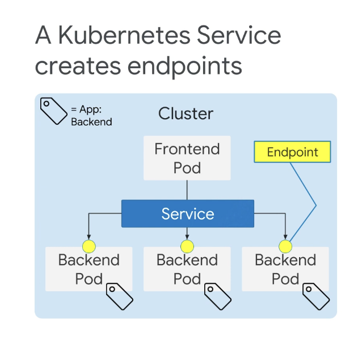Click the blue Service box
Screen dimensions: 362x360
pyautogui.click(x=188, y=214)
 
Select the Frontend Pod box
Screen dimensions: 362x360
pyautogui.click(x=187, y=158)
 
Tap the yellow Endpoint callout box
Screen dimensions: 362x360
pyautogui.click(x=292, y=152)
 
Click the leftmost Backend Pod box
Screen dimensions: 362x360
pyautogui.click(x=89, y=269)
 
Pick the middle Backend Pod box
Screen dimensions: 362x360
pyautogui.click(x=187, y=269)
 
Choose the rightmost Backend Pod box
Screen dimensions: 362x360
pyautogui.click(x=285, y=269)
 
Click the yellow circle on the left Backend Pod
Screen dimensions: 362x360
pyautogui.click(x=89, y=246)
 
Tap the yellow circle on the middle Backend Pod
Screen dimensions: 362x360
pyautogui.click(x=187, y=246)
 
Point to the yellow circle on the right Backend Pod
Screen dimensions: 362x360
pyautogui.click(x=285, y=246)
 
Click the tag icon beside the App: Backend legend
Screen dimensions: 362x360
pyautogui.click(x=54, y=111)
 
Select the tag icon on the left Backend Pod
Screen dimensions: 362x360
pyautogui.click(x=120, y=296)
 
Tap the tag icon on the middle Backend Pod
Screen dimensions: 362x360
pyautogui.click(x=218, y=296)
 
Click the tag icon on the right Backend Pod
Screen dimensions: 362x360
pyautogui.click(x=316, y=296)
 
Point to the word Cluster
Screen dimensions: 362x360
pyautogui.click(x=186, y=114)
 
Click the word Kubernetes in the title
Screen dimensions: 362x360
pyautogui.click(x=124, y=35)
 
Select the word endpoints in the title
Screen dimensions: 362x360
pyautogui.click(x=185, y=66)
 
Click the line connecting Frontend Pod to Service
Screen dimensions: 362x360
pyautogui.click(x=187, y=190)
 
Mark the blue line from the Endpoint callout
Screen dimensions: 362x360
pyautogui.click(x=316, y=205)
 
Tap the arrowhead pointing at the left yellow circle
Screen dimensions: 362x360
pyautogui.click(x=89, y=237)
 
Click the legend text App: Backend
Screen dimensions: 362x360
pyautogui.click(x=91, y=115)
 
